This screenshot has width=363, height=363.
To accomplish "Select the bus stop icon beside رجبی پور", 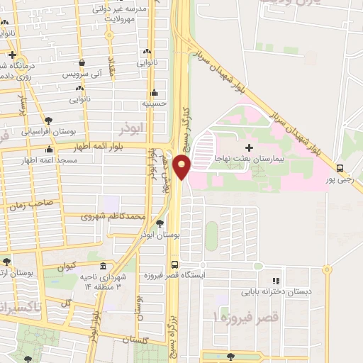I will [x=340, y=169].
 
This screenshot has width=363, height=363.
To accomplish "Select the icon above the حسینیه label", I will [x=154, y=93].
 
